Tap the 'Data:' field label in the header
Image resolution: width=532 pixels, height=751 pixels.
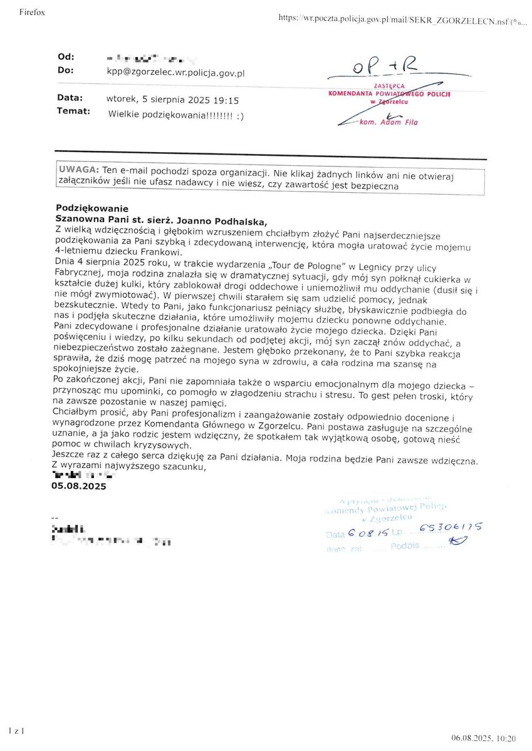coord(70,98)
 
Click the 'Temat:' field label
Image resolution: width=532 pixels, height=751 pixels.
coord(73,111)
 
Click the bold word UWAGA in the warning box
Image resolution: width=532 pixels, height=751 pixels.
coord(78,170)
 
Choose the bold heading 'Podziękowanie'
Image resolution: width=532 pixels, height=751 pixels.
coord(91,208)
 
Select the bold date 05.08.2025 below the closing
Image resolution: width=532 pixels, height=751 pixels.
coord(79,486)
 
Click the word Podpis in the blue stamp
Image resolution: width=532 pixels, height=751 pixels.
coord(404,546)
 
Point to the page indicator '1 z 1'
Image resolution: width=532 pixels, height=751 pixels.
coord(16,730)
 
